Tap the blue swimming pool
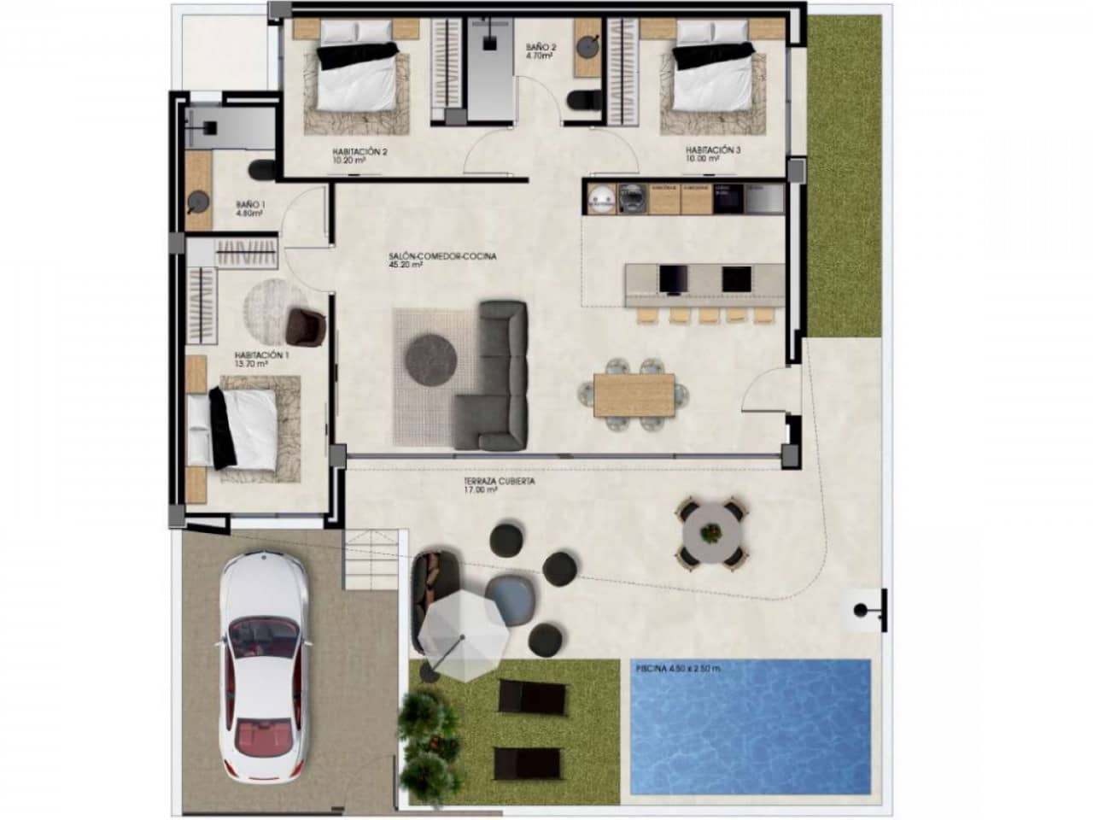749,726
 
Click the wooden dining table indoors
634,394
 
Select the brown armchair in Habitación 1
306,325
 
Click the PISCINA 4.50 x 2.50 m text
677,669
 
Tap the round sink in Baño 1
198,202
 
